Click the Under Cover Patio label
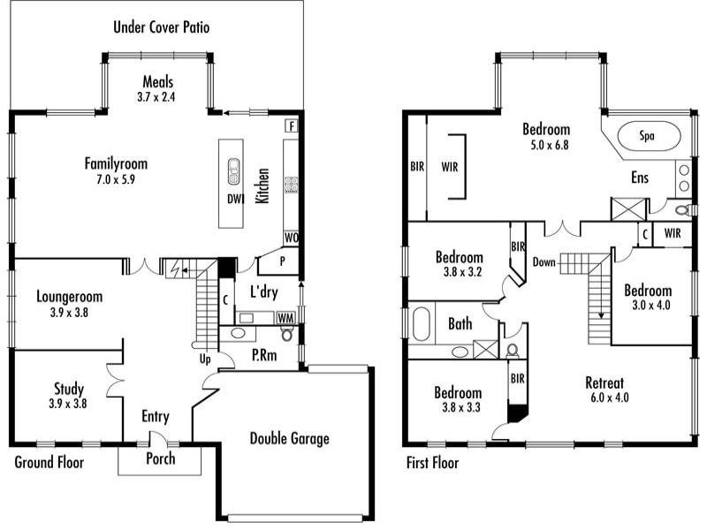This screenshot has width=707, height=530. (162, 27)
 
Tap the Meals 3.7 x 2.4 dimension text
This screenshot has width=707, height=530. (156, 97)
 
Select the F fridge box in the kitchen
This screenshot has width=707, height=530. (292, 126)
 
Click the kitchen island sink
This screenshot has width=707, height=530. (233, 171)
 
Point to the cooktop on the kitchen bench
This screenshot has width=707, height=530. (291, 185)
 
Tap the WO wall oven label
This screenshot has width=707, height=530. (291, 238)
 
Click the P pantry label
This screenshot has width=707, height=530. (282, 261)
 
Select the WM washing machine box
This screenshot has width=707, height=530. (285, 318)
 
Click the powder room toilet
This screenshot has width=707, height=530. (286, 334)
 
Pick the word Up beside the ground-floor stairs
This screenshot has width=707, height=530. (205, 360)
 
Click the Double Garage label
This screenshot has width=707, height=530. (290, 438)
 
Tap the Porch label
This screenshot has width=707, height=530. (161, 458)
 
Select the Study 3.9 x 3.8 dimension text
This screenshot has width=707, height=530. (68, 404)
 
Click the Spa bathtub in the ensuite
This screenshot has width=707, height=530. (649, 136)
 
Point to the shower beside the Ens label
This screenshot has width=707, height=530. (628, 209)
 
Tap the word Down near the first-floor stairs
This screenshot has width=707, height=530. (544, 261)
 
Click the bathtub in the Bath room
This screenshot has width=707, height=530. (422, 323)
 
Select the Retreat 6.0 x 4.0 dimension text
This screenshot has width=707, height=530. (609, 398)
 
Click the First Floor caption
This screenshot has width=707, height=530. (432, 463)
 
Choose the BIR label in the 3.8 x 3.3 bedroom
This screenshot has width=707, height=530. (518, 379)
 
